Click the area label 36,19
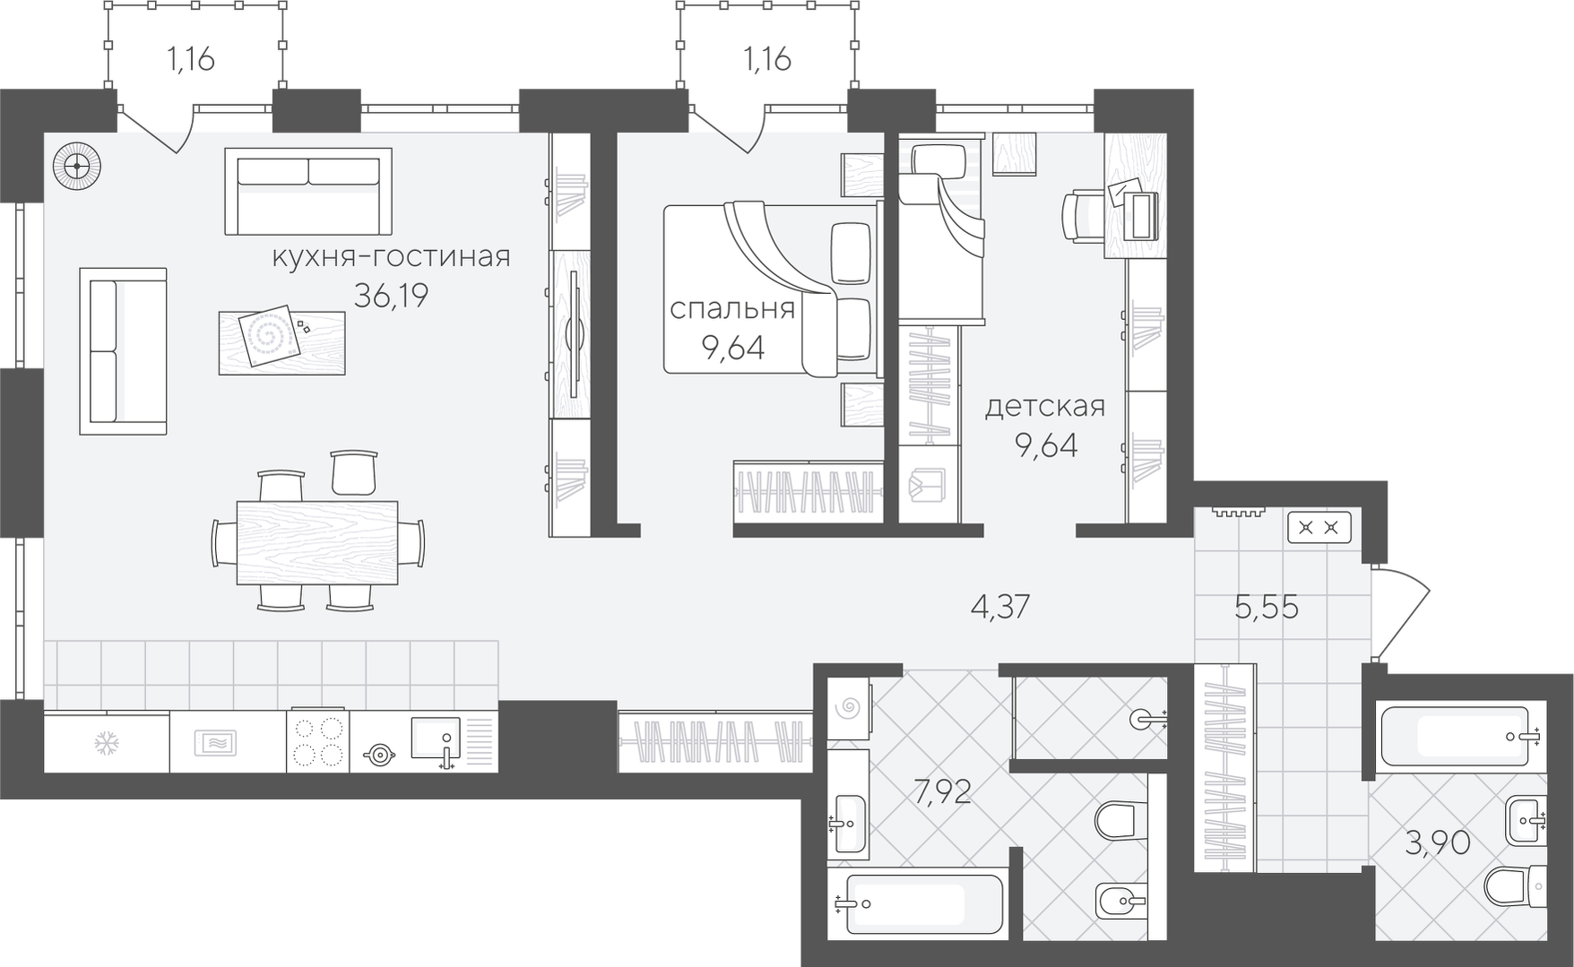391,295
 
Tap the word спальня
732,308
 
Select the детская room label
1045,407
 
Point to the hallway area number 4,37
1000,607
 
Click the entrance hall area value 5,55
1267,607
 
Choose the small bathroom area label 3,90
1437,842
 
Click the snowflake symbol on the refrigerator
107,742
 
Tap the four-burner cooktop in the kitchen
318,742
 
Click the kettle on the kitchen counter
380,755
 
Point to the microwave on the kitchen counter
215,742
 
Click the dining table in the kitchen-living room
317,542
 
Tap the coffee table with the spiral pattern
281,342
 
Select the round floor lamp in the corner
76,167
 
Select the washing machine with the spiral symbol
847,708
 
